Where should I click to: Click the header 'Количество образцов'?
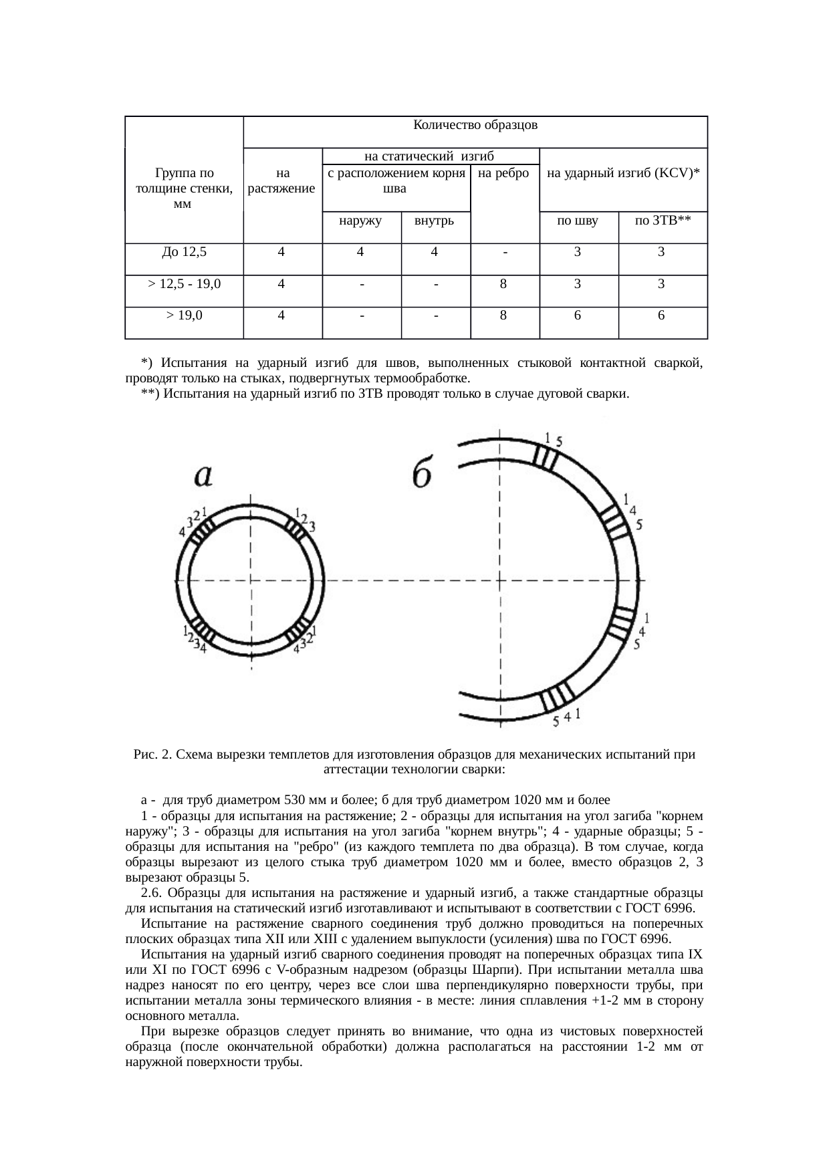[x=475, y=125]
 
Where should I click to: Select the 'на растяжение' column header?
[x=281, y=180]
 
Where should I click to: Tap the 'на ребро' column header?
[x=505, y=173]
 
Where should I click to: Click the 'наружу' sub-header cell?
[x=361, y=220]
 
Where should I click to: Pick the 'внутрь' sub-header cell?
[x=435, y=220]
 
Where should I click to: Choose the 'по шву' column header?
[x=578, y=220]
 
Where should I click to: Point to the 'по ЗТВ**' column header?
[x=662, y=220]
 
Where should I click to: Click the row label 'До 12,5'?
[x=184, y=252]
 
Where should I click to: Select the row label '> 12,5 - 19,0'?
[x=184, y=284]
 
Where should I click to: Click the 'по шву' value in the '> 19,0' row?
[x=578, y=316]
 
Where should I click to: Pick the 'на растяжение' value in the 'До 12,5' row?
[x=281, y=252]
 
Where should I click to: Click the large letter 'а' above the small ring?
[x=203, y=475]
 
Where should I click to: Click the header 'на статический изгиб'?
[x=429, y=157]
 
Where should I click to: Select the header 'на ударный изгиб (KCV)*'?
[x=622, y=173]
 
